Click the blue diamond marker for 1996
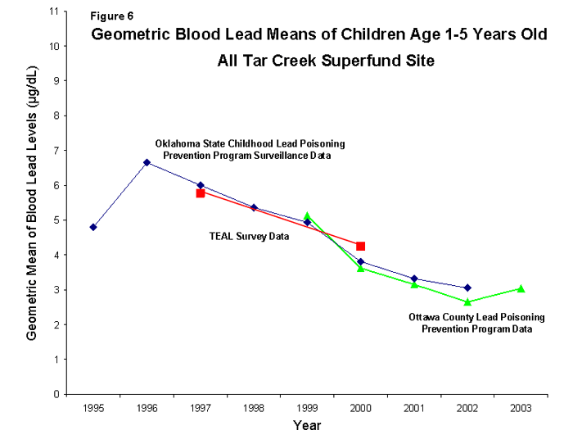(x=147, y=162)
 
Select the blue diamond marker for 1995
(x=93, y=227)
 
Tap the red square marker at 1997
(x=200, y=193)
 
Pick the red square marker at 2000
(x=360, y=246)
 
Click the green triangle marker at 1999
(x=307, y=217)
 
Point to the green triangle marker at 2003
(x=521, y=288)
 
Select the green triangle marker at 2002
(x=467, y=301)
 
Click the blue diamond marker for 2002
(x=467, y=288)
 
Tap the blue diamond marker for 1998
(x=254, y=207)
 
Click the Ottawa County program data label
(x=471, y=323)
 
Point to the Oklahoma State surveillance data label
(x=250, y=149)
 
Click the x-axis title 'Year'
(x=307, y=426)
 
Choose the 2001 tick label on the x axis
(x=414, y=407)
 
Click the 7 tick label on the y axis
(x=56, y=151)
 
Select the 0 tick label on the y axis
(x=56, y=394)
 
